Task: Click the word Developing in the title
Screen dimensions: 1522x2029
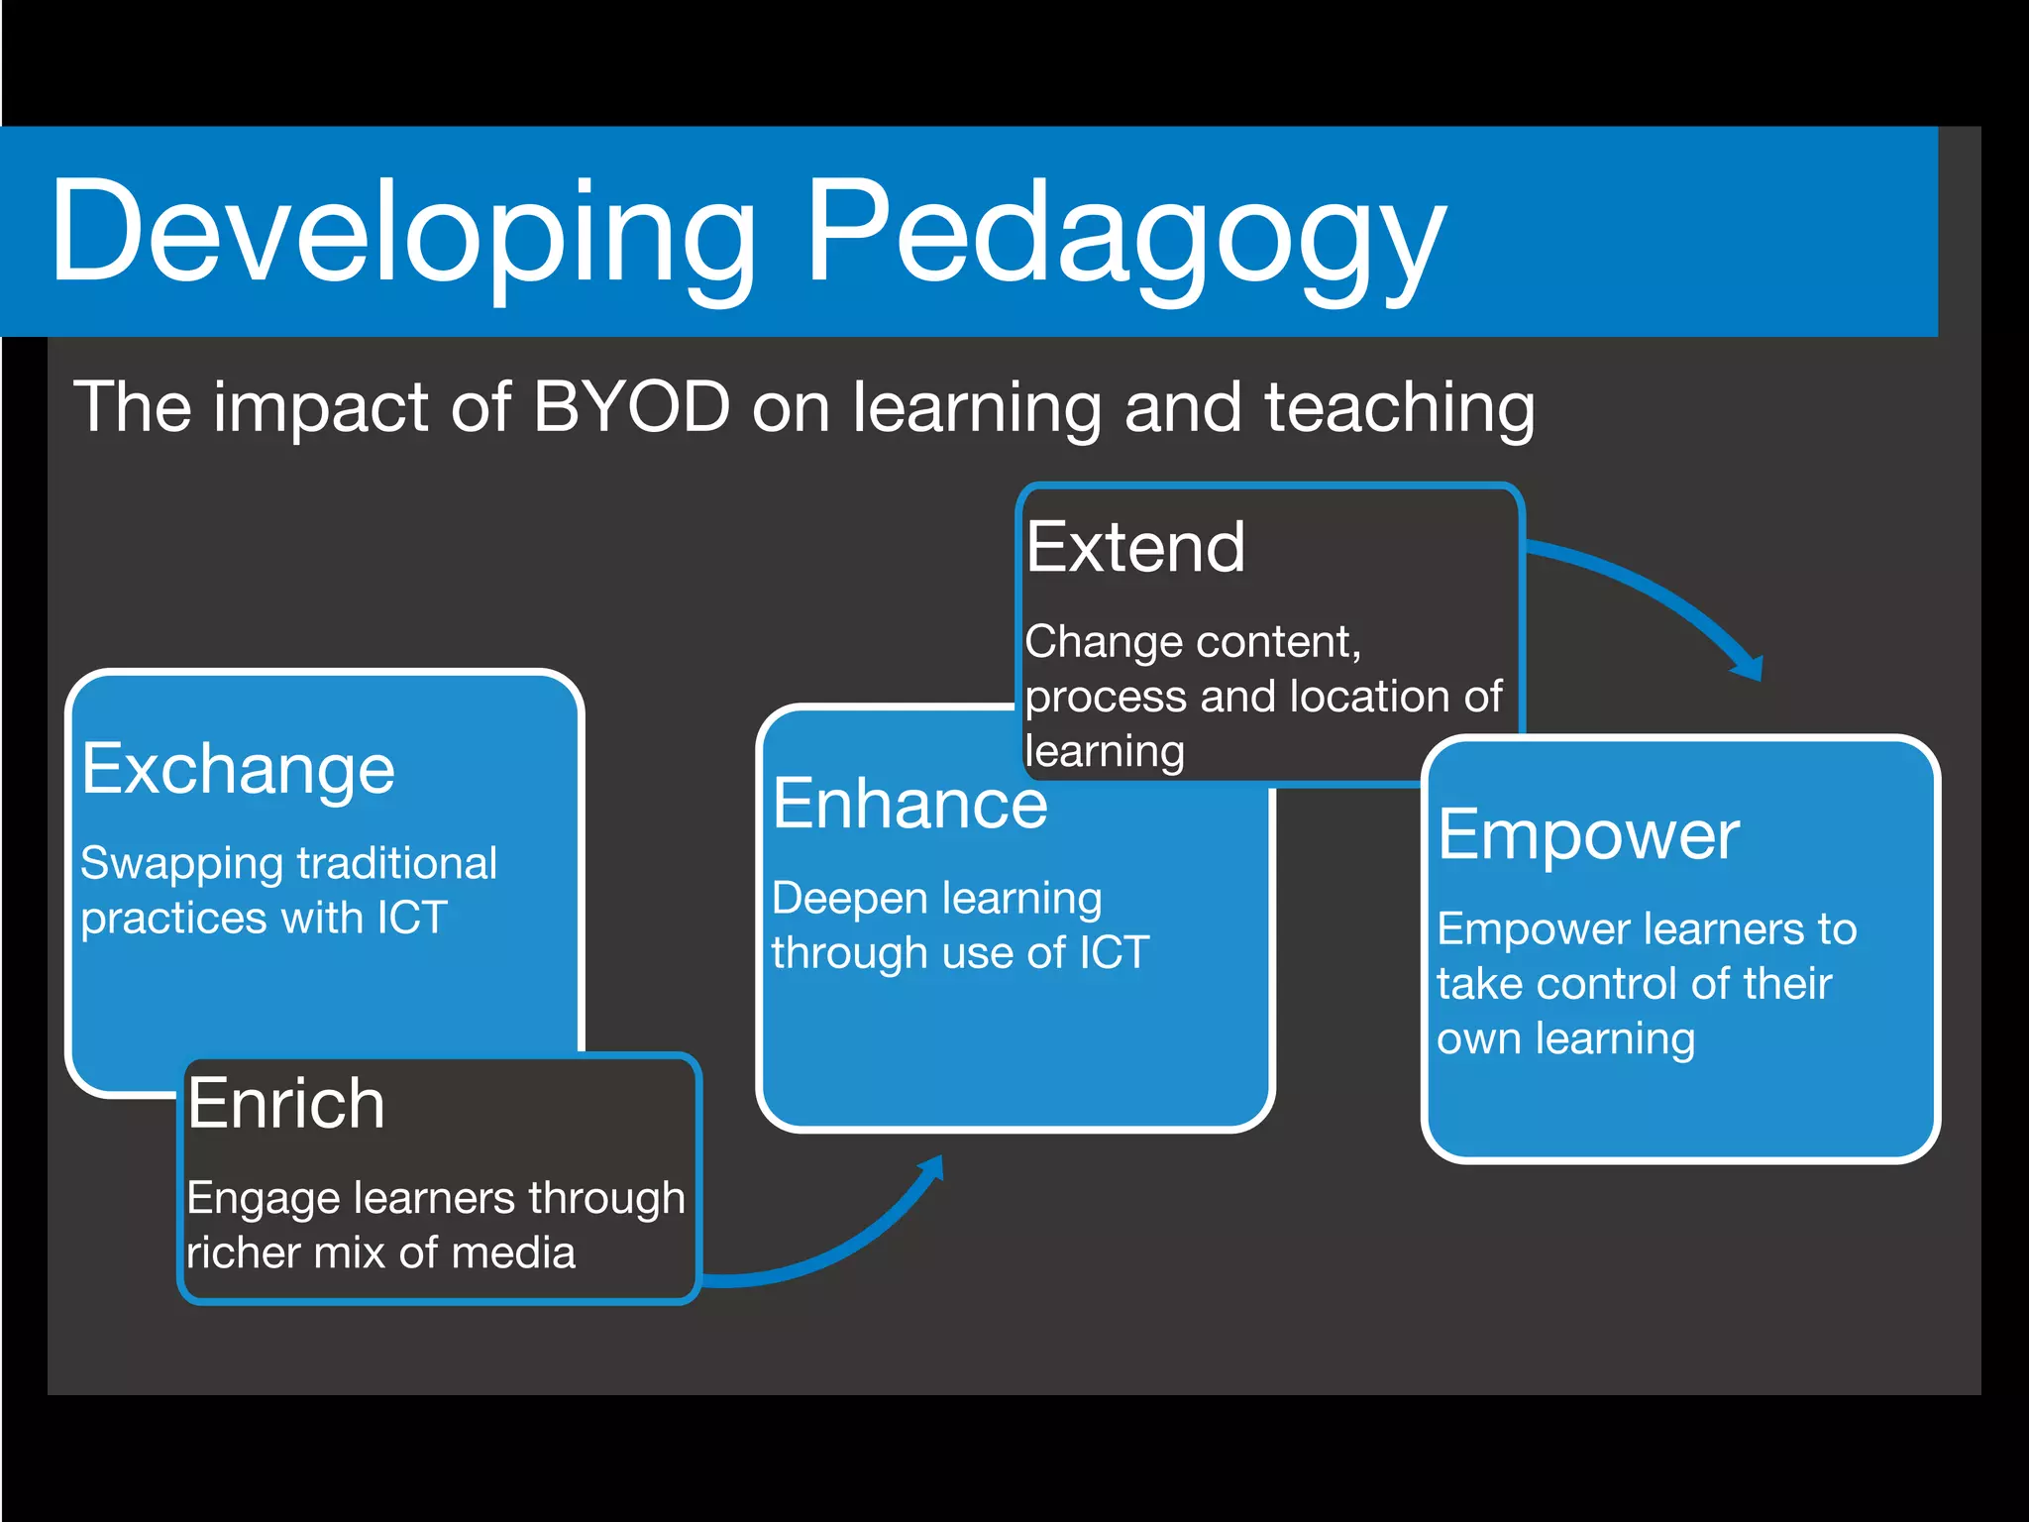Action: [x=401, y=233]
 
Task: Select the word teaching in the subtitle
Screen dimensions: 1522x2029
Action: [x=1399, y=408]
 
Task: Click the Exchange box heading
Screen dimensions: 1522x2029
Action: [x=238, y=770]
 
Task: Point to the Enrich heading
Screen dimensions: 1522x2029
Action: [x=286, y=1104]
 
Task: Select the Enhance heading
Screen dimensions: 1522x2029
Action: [x=909, y=804]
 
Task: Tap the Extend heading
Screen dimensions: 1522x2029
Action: [x=1135, y=548]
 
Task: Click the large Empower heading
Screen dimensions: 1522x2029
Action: [x=1588, y=835]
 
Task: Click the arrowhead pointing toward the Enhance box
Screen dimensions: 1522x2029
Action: [x=931, y=1170]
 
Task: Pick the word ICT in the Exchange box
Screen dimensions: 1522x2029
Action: [x=412, y=918]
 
